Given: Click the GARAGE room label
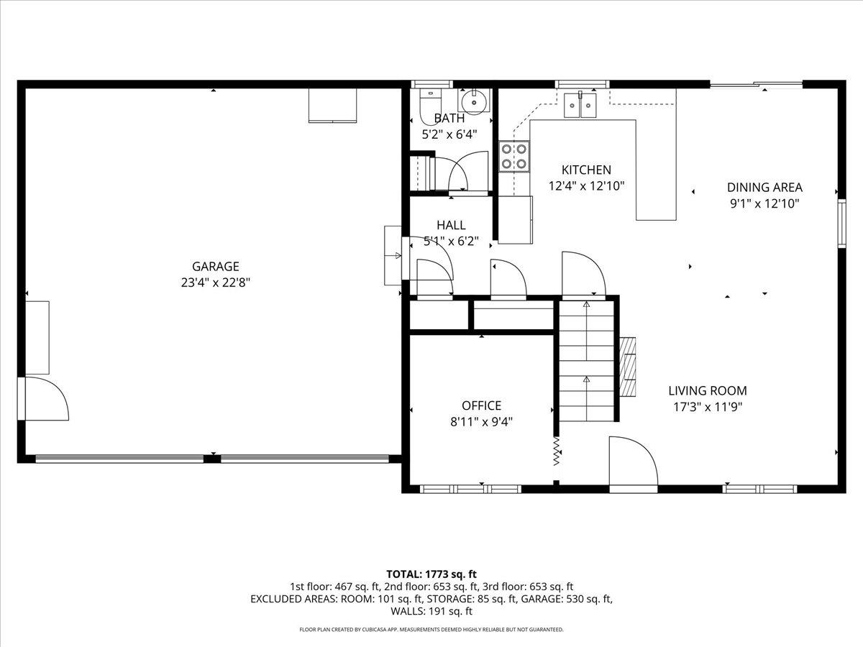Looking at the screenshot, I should pos(215,267).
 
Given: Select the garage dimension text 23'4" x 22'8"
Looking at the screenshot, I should pos(215,283).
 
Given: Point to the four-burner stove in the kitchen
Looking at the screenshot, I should pos(514,156).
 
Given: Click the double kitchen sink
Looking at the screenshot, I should pos(581,105).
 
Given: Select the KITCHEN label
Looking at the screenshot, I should pos(586,170).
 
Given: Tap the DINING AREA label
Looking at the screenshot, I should pos(764,188).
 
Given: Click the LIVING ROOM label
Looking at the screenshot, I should pos(708,391).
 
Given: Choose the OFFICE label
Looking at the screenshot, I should pos(481,405).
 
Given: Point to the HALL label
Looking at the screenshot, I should pos(451,225).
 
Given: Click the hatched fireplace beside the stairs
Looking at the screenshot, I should pos(628,367).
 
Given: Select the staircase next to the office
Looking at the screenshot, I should pos(587,361).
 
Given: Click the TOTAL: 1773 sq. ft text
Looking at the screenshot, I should pos(431,574).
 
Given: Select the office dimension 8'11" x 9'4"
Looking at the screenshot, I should pos(481,422).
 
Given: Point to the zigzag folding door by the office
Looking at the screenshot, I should pos(557,452).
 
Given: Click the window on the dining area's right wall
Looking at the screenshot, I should pos(841,224).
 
